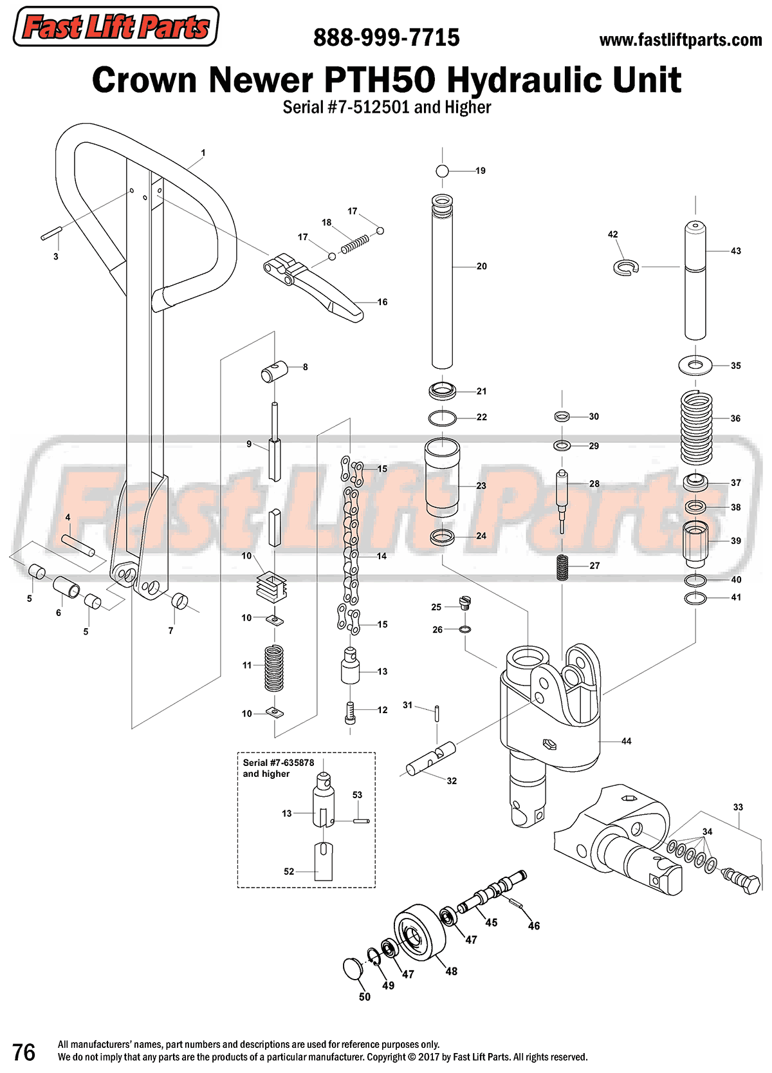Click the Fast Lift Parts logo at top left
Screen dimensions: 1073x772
(116, 26)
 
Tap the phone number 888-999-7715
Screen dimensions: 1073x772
(386, 38)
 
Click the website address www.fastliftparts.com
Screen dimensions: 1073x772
(680, 40)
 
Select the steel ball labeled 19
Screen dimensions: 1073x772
(442, 171)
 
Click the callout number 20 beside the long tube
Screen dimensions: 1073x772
(481, 266)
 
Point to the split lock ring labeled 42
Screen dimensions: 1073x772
(624, 266)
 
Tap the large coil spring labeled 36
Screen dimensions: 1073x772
(696, 427)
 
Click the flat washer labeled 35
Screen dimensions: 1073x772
(695, 366)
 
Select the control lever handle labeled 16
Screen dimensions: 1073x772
(315, 286)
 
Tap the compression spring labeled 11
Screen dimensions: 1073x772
(274, 667)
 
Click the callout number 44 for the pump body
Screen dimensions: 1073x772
(626, 742)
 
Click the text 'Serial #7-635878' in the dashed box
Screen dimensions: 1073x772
(279, 763)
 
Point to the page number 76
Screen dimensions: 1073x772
(24, 1052)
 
